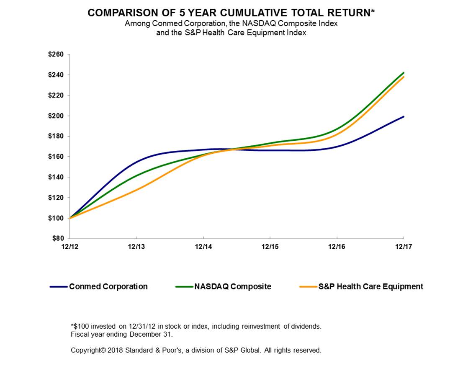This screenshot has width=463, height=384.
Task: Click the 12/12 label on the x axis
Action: pyautogui.click(x=69, y=247)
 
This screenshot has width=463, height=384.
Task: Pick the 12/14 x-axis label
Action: pyautogui.click(x=203, y=247)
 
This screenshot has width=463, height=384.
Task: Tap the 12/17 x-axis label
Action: pyautogui.click(x=403, y=247)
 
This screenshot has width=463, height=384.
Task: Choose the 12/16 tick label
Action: pyautogui.click(x=337, y=247)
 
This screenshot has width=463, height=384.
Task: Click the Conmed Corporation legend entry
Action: pyautogui.click(x=108, y=287)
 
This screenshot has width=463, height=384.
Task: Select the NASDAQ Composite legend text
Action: pyautogui.click(x=232, y=287)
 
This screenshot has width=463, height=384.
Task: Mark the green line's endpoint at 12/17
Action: pyautogui.click(x=403, y=73)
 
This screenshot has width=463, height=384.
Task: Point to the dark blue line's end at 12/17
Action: pyautogui.click(x=403, y=117)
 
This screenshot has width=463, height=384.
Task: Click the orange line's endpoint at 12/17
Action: pyautogui.click(x=403, y=77)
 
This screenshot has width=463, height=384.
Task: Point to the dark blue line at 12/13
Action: pyautogui.click(x=136, y=161)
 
